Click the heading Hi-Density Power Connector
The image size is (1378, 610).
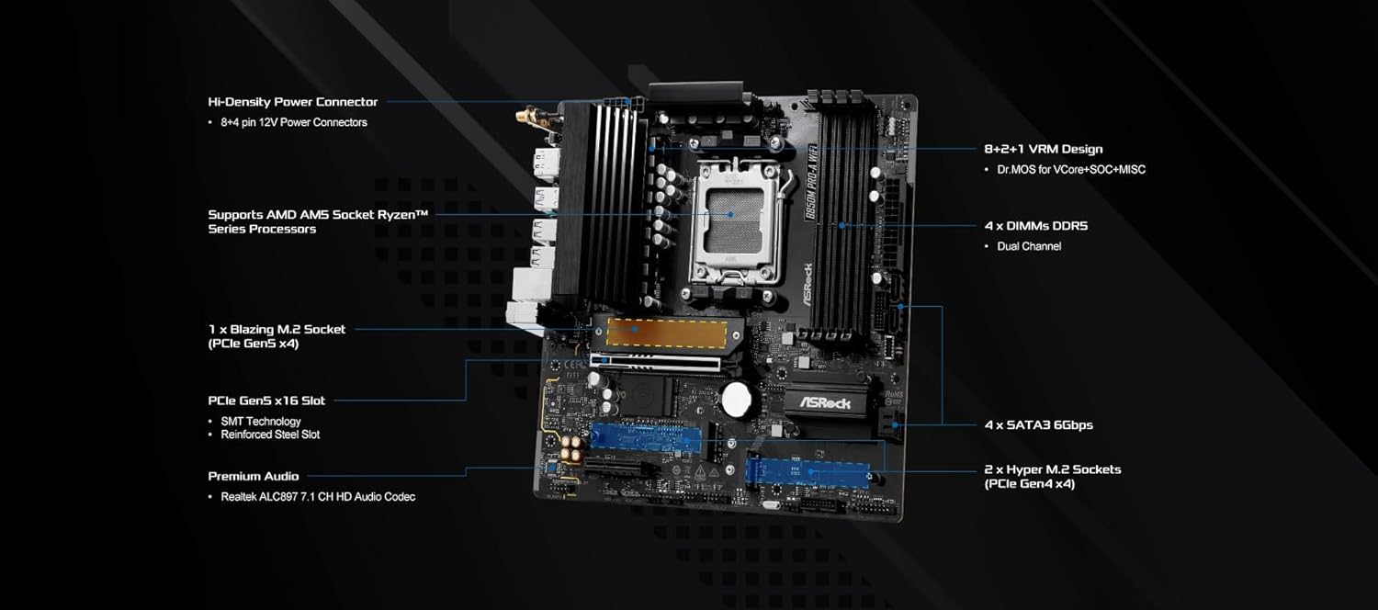click(292, 102)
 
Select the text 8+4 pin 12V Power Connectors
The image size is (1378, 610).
click(293, 122)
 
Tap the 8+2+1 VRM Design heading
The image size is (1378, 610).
click(1043, 149)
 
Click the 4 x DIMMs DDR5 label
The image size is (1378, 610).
click(1035, 225)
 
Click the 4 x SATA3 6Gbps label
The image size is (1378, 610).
click(1038, 424)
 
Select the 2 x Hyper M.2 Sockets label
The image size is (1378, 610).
click(1052, 469)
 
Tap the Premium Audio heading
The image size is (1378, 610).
click(253, 476)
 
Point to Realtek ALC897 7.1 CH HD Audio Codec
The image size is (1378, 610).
click(318, 496)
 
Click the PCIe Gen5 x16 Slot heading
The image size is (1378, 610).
click(266, 401)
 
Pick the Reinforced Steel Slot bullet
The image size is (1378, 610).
click(270, 435)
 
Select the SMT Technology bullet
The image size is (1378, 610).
click(261, 422)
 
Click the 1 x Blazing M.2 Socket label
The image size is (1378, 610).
click(277, 329)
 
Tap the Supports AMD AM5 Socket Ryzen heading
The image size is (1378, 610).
click(318, 214)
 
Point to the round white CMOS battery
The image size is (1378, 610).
click(737, 398)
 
